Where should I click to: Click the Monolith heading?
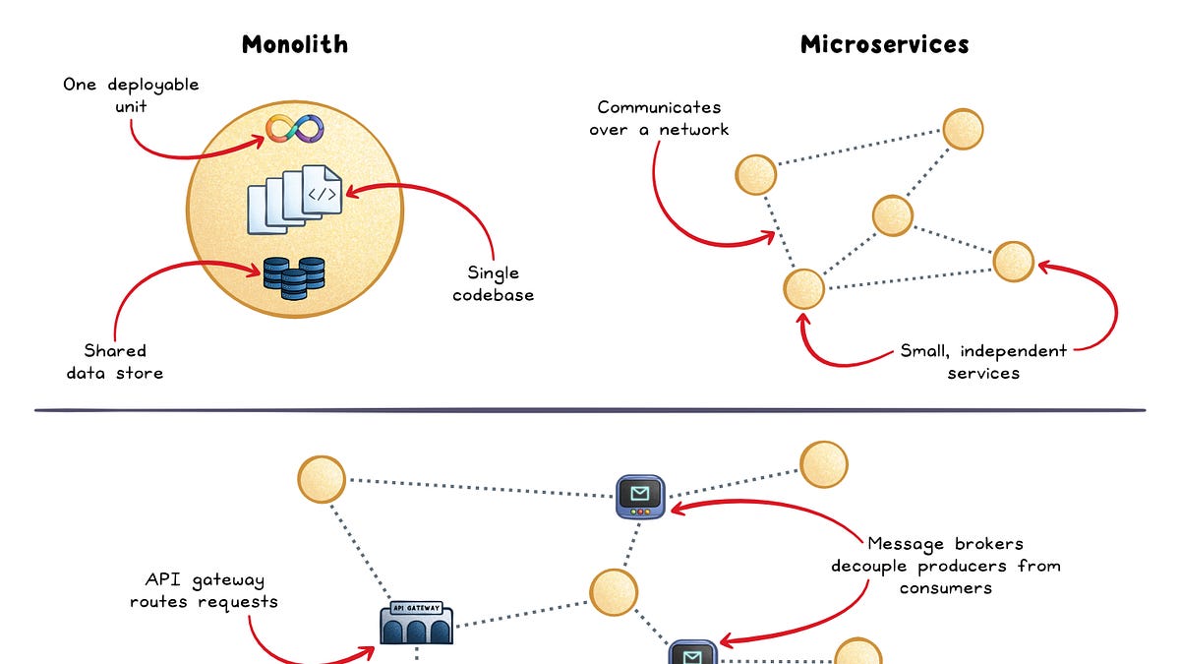[295, 44]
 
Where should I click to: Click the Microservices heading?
[884, 44]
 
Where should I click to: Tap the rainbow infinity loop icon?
[294, 129]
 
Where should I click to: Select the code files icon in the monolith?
[294, 200]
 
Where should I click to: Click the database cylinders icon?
[294, 278]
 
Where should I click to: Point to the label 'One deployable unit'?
[131, 95]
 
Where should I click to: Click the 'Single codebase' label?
[493, 283]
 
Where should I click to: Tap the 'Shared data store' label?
[115, 362]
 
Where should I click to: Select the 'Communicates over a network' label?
[659, 118]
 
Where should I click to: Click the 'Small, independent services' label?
[983, 362]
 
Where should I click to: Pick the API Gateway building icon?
[416, 623]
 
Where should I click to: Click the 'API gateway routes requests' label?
[204, 591]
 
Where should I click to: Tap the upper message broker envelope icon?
[640, 497]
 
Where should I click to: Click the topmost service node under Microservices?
[963, 129]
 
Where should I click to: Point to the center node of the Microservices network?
[893, 215]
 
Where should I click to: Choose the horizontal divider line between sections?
[590, 410]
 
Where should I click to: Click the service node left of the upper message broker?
[322, 479]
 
